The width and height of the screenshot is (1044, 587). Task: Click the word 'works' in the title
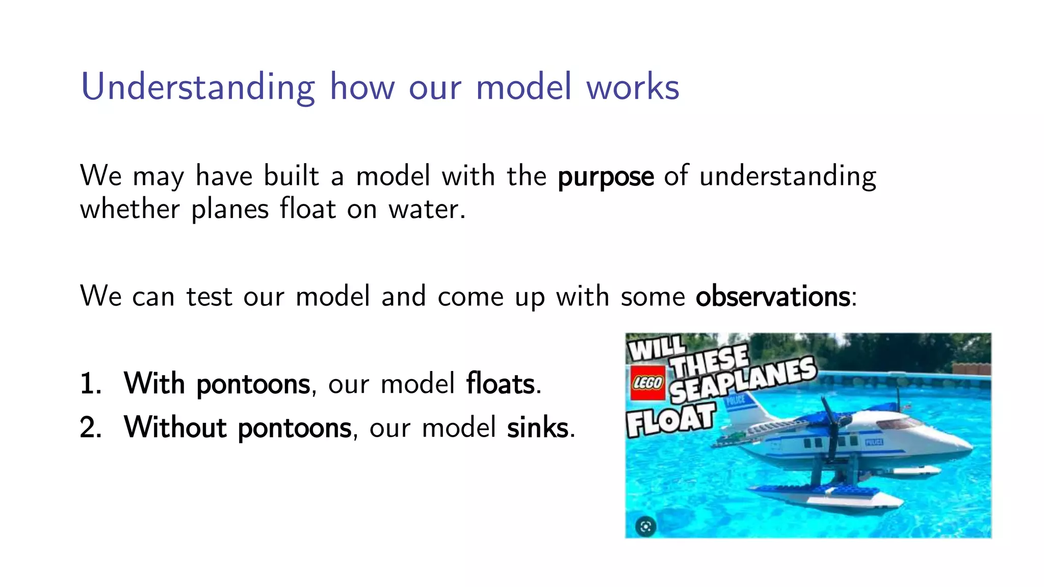pos(633,87)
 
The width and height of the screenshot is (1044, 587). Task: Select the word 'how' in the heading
pos(362,87)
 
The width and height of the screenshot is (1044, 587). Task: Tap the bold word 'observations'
pos(773,297)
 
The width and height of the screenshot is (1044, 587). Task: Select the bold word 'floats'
pos(501,384)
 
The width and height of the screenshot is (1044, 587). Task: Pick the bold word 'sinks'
pos(537,428)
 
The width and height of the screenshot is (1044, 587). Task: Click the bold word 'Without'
pos(175,428)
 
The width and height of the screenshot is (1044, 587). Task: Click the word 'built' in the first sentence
pos(291,176)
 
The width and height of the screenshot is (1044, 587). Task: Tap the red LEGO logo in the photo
pos(647,383)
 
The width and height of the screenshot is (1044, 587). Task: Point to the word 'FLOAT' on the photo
pos(671,419)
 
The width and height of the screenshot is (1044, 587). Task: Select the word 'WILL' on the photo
pos(656,349)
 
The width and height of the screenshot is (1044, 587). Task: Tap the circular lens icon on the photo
pos(645,526)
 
